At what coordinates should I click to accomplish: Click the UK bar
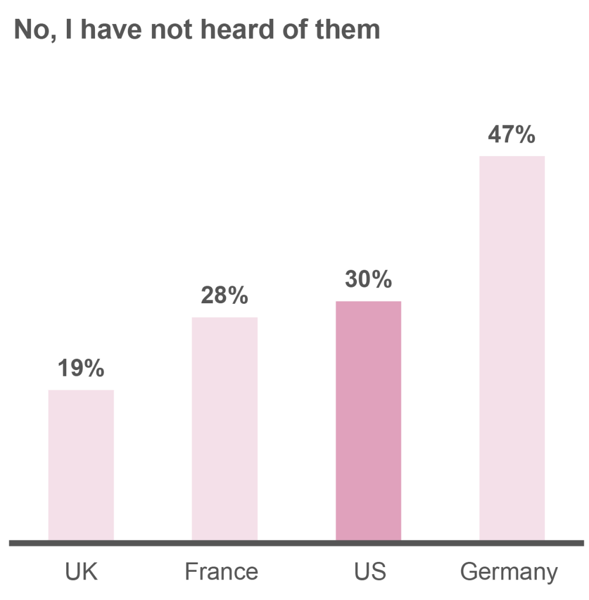click(x=81, y=464)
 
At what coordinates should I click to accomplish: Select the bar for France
click(x=224, y=428)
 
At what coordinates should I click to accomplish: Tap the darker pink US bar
click(x=368, y=420)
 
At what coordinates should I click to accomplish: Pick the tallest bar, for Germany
click(x=512, y=347)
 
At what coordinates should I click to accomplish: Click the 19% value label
click(x=81, y=370)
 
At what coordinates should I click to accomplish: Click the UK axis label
click(x=81, y=571)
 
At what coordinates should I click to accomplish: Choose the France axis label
click(x=222, y=571)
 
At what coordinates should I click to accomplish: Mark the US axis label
click(x=370, y=571)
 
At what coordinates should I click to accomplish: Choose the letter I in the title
click(x=69, y=29)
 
